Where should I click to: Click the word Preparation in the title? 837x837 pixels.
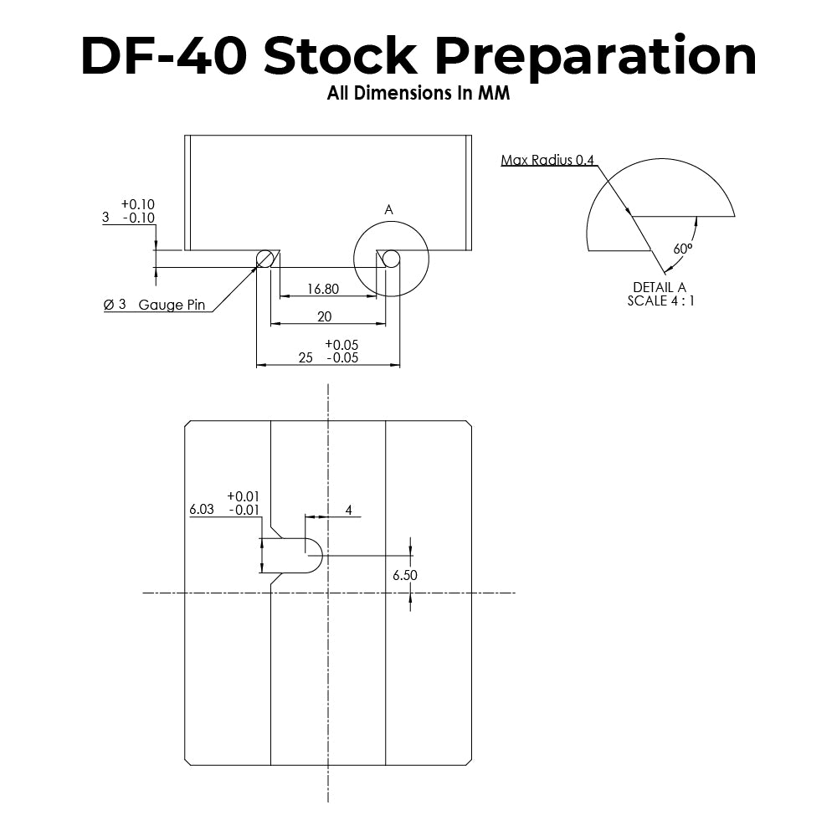click(x=597, y=57)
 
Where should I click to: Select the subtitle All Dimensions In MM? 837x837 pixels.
click(x=418, y=94)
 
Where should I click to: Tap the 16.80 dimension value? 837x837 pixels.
click(x=322, y=290)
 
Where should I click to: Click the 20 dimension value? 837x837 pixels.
click(x=325, y=316)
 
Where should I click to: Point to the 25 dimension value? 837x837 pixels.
click(x=306, y=357)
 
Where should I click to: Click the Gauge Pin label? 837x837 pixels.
click(x=172, y=305)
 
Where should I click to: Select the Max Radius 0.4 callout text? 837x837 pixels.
click(x=548, y=160)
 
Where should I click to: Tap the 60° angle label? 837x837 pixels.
click(x=682, y=249)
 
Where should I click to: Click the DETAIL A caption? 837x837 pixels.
click(x=660, y=288)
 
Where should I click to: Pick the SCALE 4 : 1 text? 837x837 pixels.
click(x=660, y=300)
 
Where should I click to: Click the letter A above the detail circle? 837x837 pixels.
click(x=388, y=210)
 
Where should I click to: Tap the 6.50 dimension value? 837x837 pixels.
click(x=405, y=575)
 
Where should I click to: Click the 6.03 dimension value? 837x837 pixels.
click(x=203, y=509)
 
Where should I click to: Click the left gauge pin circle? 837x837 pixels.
click(x=264, y=259)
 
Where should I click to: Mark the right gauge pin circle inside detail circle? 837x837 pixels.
click(x=391, y=259)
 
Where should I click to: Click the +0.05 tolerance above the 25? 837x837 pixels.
click(x=341, y=345)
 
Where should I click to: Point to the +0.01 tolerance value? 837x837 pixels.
click(x=243, y=496)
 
